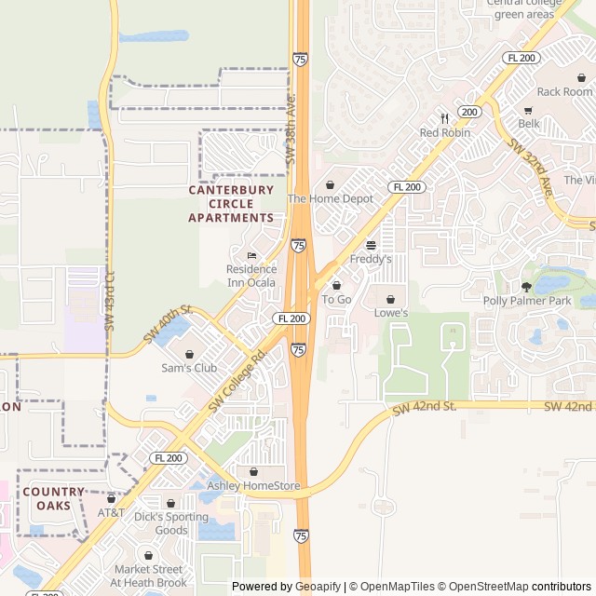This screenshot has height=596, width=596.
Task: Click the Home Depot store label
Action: coord(330,198)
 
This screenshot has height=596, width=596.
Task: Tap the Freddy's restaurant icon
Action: coord(371,245)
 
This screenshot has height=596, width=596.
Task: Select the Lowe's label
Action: coord(390,313)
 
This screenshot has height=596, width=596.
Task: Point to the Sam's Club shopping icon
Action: coord(189,354)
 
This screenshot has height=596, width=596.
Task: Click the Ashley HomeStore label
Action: coord(253,485)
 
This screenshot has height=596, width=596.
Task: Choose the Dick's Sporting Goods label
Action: coord(170,523)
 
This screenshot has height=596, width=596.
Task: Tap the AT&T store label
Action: coord(111,513)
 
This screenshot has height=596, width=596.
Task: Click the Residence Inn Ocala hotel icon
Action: coord(251,256)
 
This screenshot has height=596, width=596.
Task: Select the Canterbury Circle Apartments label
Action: coord(231,203)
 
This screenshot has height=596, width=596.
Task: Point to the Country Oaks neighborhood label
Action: coord(53,498)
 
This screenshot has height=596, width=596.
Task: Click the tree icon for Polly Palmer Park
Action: coord(526,287)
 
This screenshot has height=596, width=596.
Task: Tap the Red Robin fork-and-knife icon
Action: coord(444,118)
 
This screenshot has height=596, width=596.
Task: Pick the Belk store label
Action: coord(529,123)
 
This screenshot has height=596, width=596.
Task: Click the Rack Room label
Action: coord(564,91)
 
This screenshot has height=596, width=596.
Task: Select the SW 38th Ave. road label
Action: coord(291,129)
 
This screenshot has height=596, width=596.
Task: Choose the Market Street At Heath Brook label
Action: coord(148,576)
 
